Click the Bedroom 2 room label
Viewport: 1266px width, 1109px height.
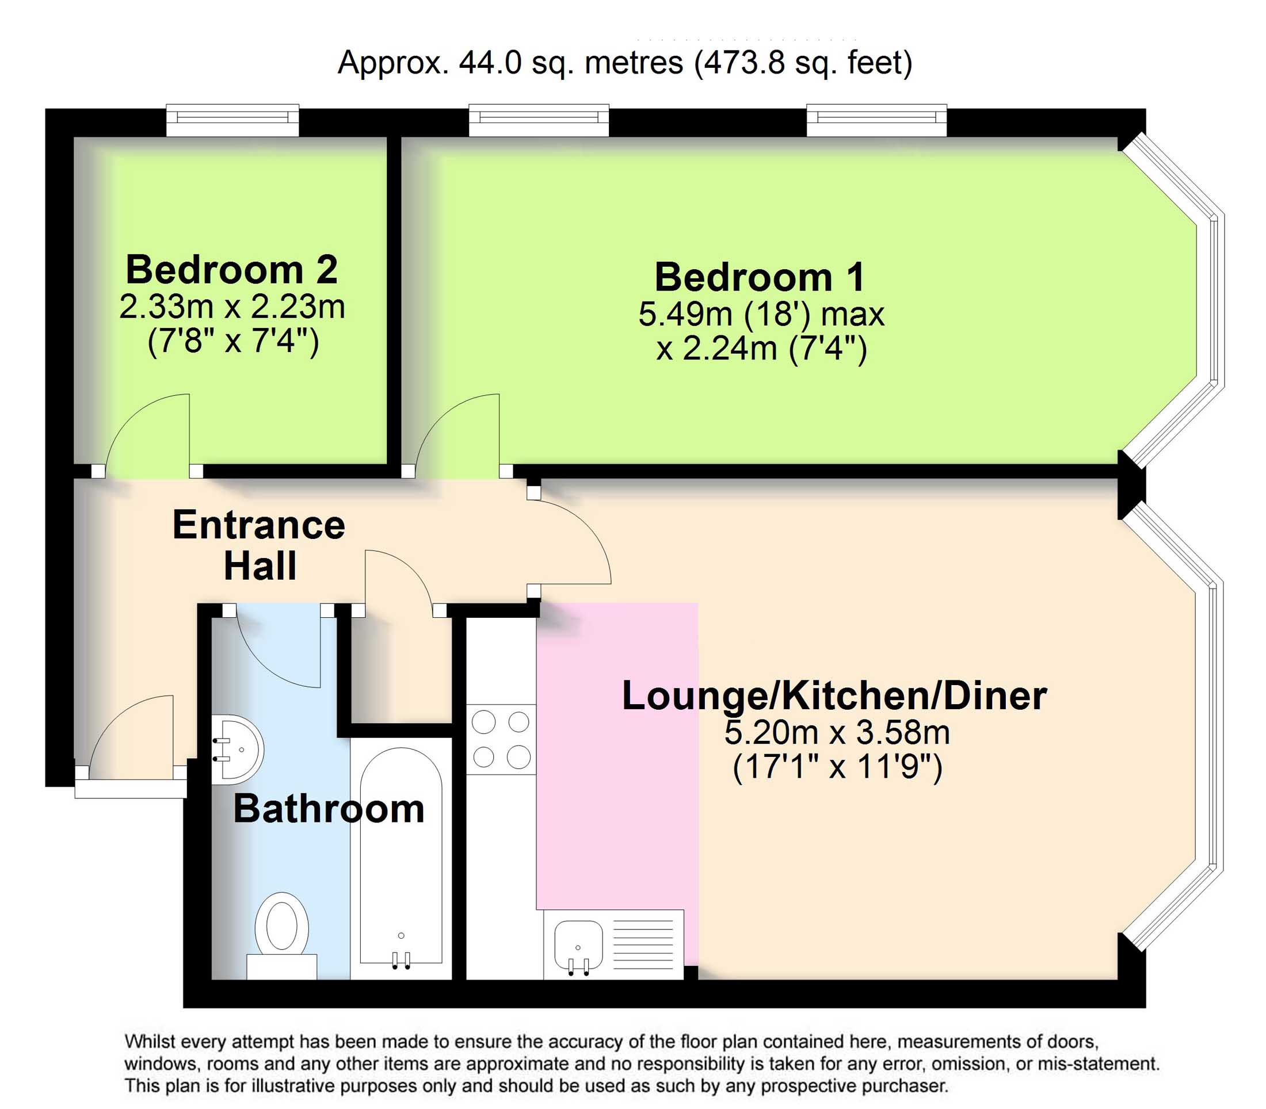pyautogui.click(x=231, y=270)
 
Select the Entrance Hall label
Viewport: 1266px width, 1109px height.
pyautogui.click(x=259, y=545)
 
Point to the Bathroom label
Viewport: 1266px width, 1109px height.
pyautogui.click(x=328, y=809)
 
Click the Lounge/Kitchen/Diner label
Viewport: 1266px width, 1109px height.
pyautogui.click(x=834, y=695)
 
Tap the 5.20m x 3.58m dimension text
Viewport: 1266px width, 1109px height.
pyautogui.click(x=837, y=733)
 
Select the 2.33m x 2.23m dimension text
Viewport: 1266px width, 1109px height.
pyautogui.click(x=231, y=307)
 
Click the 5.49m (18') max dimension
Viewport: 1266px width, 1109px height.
pyautogui.click(x=761, y=315)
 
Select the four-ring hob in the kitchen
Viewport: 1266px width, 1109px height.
pyautogui.click(x=501, y=739)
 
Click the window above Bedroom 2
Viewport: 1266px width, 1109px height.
pyautogui.click(x=232, y=121)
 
